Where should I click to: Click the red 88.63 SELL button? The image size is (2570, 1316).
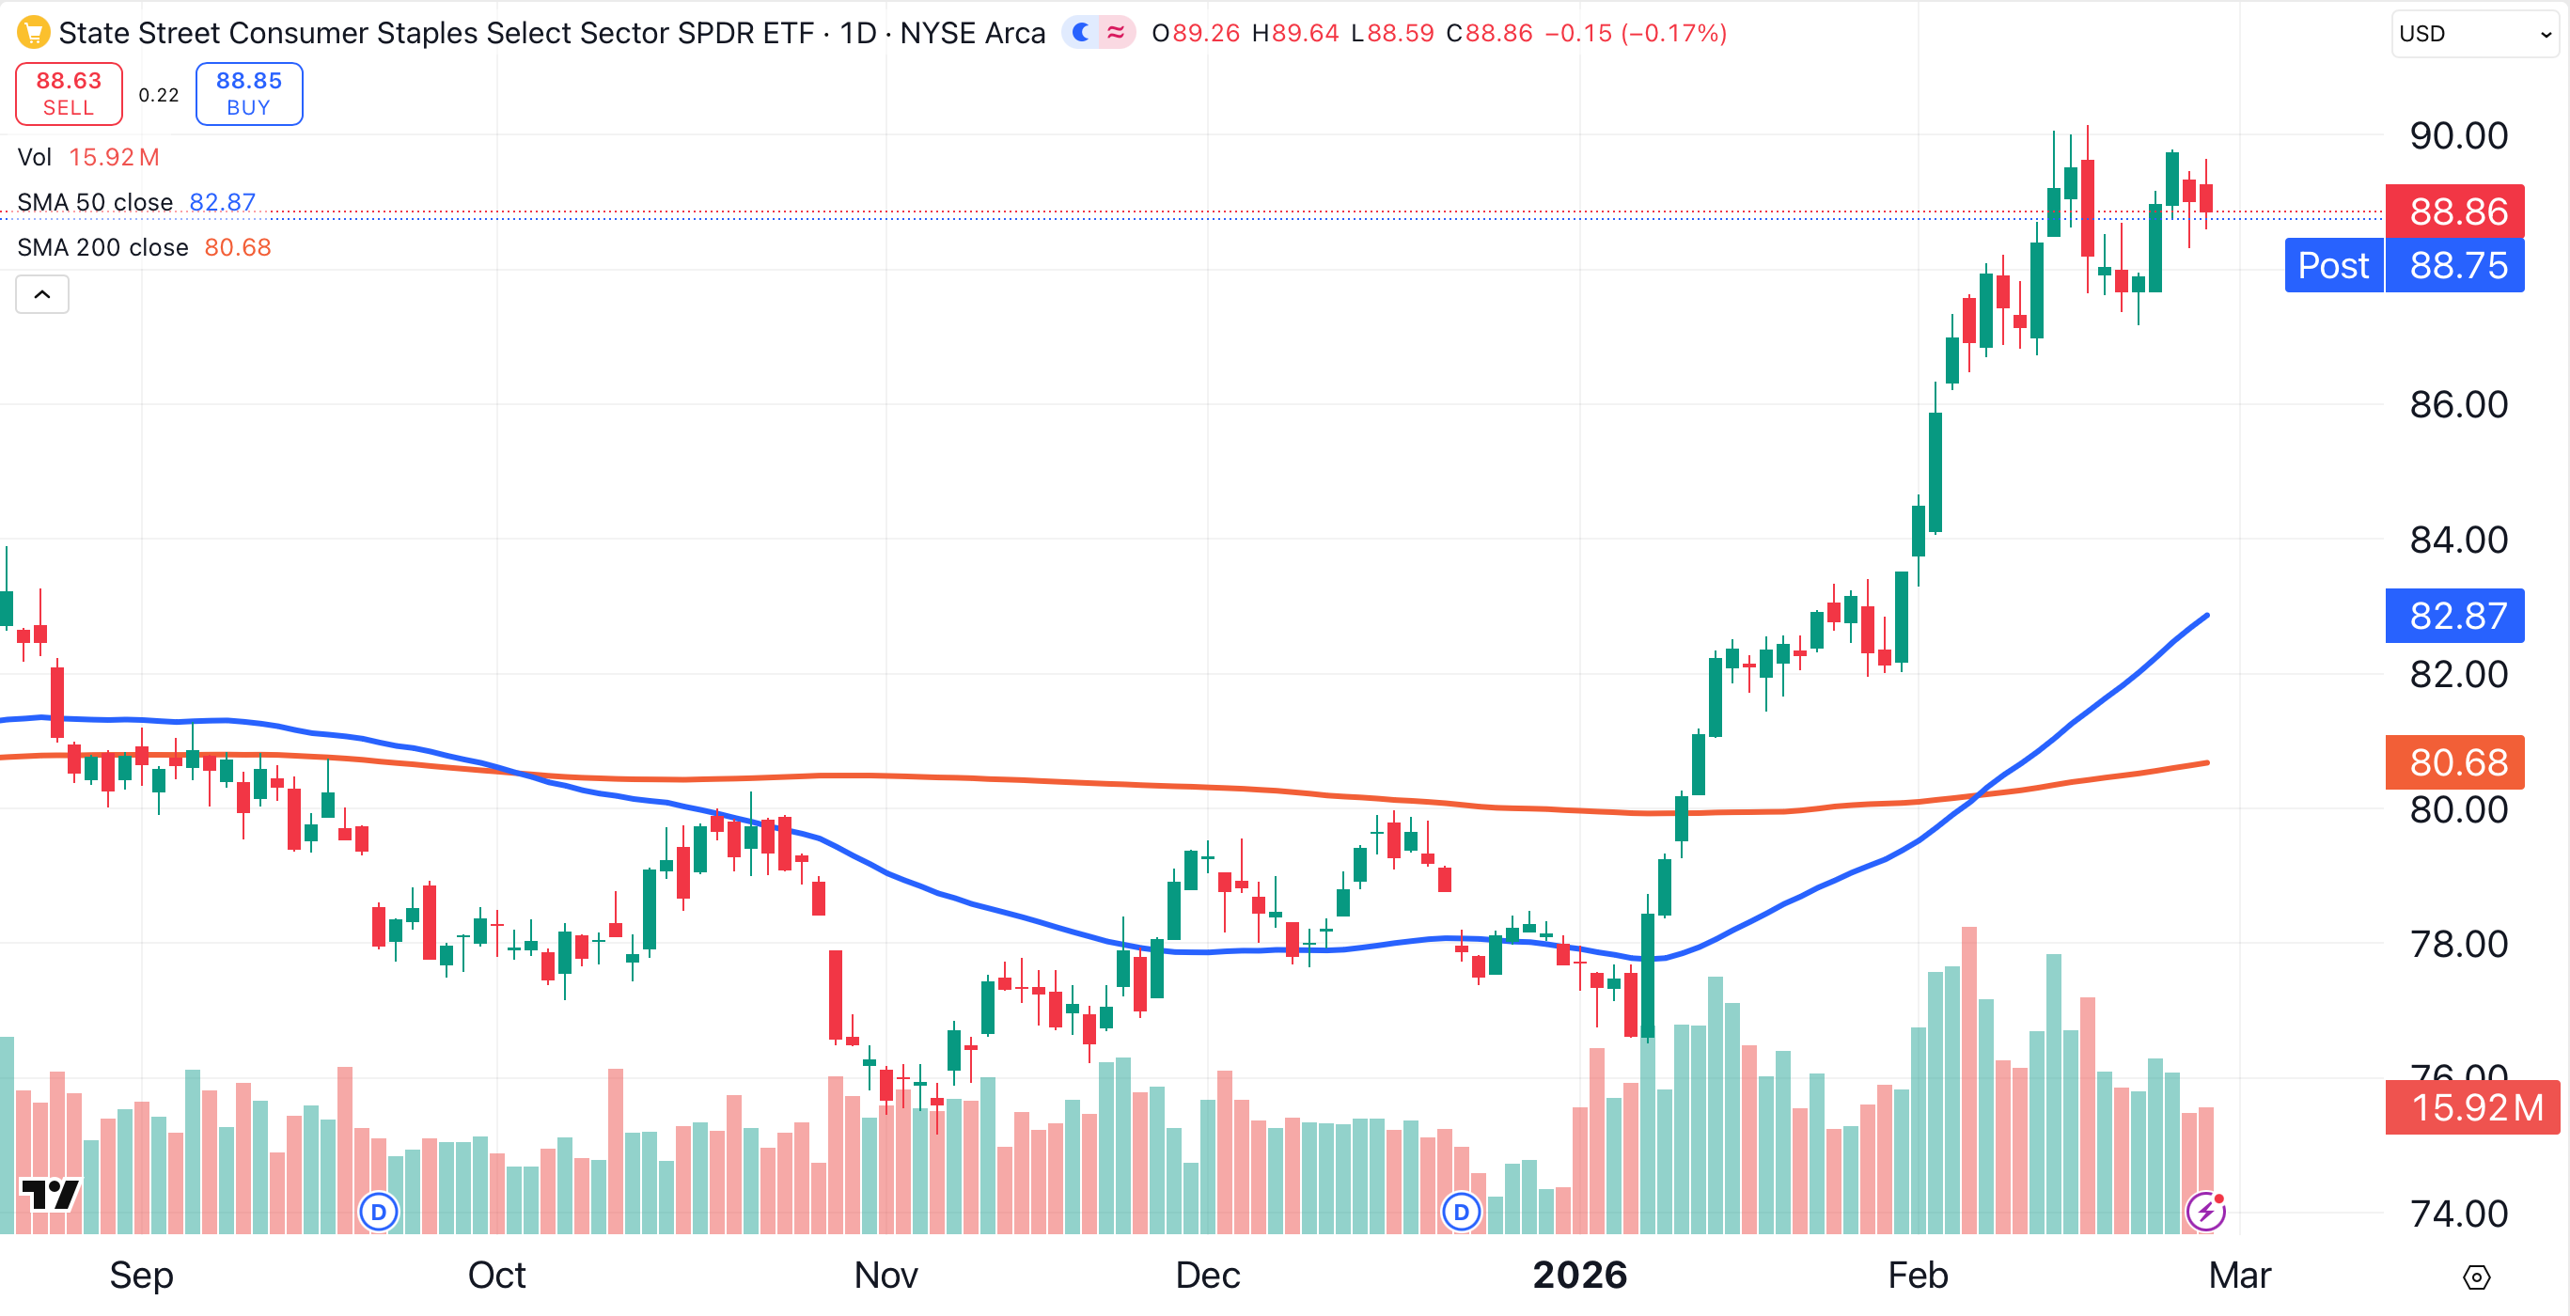pos(69,94)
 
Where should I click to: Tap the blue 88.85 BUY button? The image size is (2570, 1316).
pos(248,94)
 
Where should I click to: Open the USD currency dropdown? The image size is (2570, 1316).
pos(2475,34)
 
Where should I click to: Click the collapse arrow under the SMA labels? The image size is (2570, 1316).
pos(42,294)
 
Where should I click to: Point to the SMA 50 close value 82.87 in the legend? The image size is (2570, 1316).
pos(223,202)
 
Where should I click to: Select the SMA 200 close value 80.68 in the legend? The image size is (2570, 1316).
pos(238,247)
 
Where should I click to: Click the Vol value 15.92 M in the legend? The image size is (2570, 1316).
pos(114,158)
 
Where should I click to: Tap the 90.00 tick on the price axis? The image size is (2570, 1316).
pos(2458,135)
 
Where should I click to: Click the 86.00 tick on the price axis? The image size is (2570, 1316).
pos(2458,405)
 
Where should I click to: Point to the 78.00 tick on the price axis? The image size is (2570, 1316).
pos(2458,944)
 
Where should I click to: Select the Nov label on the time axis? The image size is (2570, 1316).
pos(885,1275)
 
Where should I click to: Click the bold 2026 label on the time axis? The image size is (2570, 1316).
pos(1579,1275)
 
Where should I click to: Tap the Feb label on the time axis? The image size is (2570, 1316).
pos(1918,1275)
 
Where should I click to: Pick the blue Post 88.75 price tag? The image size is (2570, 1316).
pos(2405,265)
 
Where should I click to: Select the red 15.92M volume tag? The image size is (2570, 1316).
pos(2472,1107)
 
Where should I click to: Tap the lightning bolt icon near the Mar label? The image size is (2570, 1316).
pos(2206,1212)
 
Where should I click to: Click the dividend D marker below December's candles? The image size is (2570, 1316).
pos(1462,1213)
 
